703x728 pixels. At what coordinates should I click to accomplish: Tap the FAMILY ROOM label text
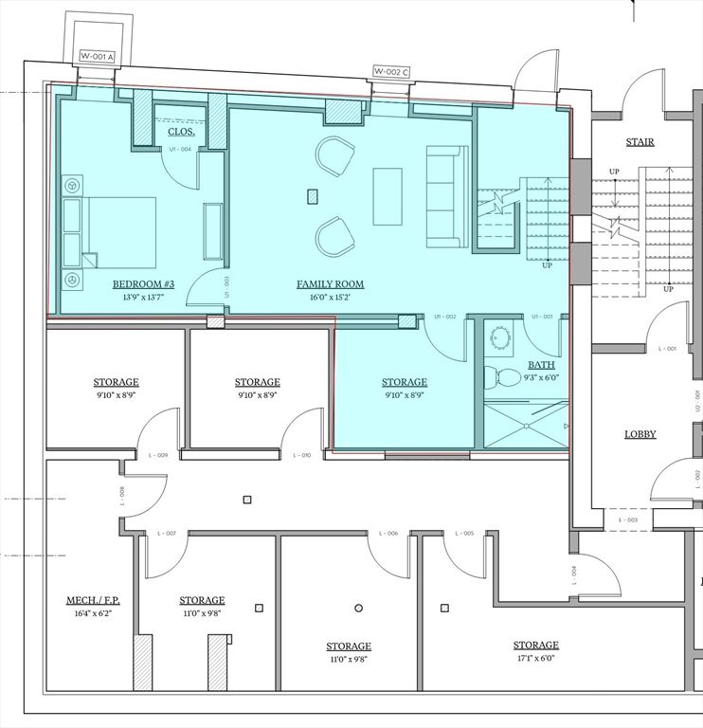(330, 284)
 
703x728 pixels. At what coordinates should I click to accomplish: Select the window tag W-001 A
(96, 56)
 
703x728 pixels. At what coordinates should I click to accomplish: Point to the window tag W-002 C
(391, 71)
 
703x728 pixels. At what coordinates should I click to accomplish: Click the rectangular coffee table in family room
(388, 196)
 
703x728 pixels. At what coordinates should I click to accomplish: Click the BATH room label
(542, 364)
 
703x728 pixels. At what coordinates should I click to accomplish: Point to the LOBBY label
(640, 434)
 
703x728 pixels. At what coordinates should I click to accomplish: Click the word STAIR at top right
(640, 142)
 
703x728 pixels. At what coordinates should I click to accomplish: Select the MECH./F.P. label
(93, 601)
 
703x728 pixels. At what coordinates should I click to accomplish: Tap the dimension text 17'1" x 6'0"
(535, 658)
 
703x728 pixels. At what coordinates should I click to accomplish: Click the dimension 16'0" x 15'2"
(330, 298)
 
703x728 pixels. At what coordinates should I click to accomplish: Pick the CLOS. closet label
(182, 132)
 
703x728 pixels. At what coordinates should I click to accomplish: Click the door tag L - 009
(158, 456)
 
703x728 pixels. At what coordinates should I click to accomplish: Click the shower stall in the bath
(527, 423)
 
